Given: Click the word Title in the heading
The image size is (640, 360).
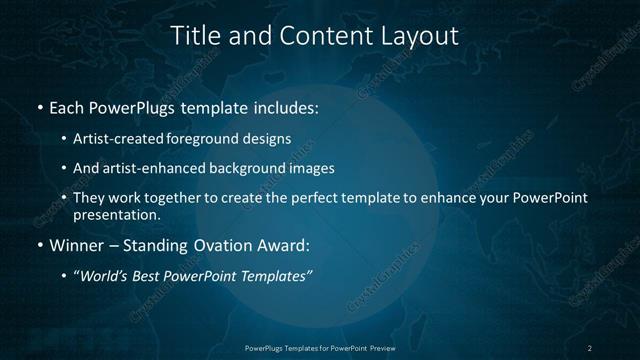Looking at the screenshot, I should (195, 36).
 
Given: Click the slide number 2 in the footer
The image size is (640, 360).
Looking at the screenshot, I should (590, 347).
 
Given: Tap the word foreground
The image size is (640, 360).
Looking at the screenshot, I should (205, 139).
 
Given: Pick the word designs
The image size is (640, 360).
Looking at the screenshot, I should (267, 139).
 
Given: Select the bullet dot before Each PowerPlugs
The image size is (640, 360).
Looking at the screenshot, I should (39, 107).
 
